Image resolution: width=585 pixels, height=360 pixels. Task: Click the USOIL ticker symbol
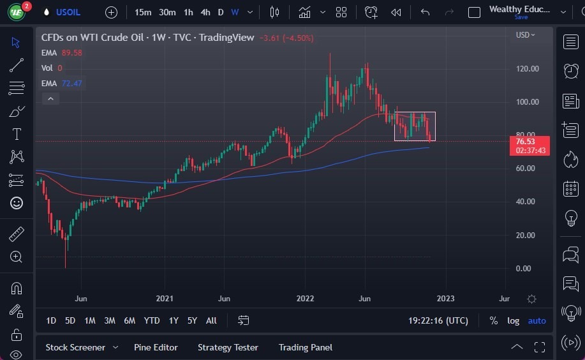pos(68,12)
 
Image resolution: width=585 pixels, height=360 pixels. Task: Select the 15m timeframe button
pos(144,12)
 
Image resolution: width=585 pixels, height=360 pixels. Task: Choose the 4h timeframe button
pos(205,12)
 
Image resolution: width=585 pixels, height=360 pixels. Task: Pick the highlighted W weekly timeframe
pos(235,12)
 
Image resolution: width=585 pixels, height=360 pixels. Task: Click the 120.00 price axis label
pos(528,69)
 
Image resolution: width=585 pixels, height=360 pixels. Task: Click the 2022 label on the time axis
pos(305,298)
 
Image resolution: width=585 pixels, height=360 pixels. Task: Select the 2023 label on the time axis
pos(445,298)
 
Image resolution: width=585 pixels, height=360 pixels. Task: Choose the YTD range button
pos(152,320)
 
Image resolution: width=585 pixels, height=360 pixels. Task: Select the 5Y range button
pos(192,320)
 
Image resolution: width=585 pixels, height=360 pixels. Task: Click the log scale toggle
pos(513,320)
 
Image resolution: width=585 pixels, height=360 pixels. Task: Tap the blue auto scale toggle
pos(537,320)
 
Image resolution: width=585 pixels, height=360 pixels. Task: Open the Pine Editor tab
pos(156,347)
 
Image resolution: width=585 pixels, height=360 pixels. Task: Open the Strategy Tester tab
pos(228,347)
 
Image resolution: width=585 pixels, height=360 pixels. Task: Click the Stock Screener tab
pos(75,347)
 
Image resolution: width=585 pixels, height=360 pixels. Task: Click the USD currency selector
pos(525,34)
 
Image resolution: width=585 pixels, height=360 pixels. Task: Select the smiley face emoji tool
pos(17,203)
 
